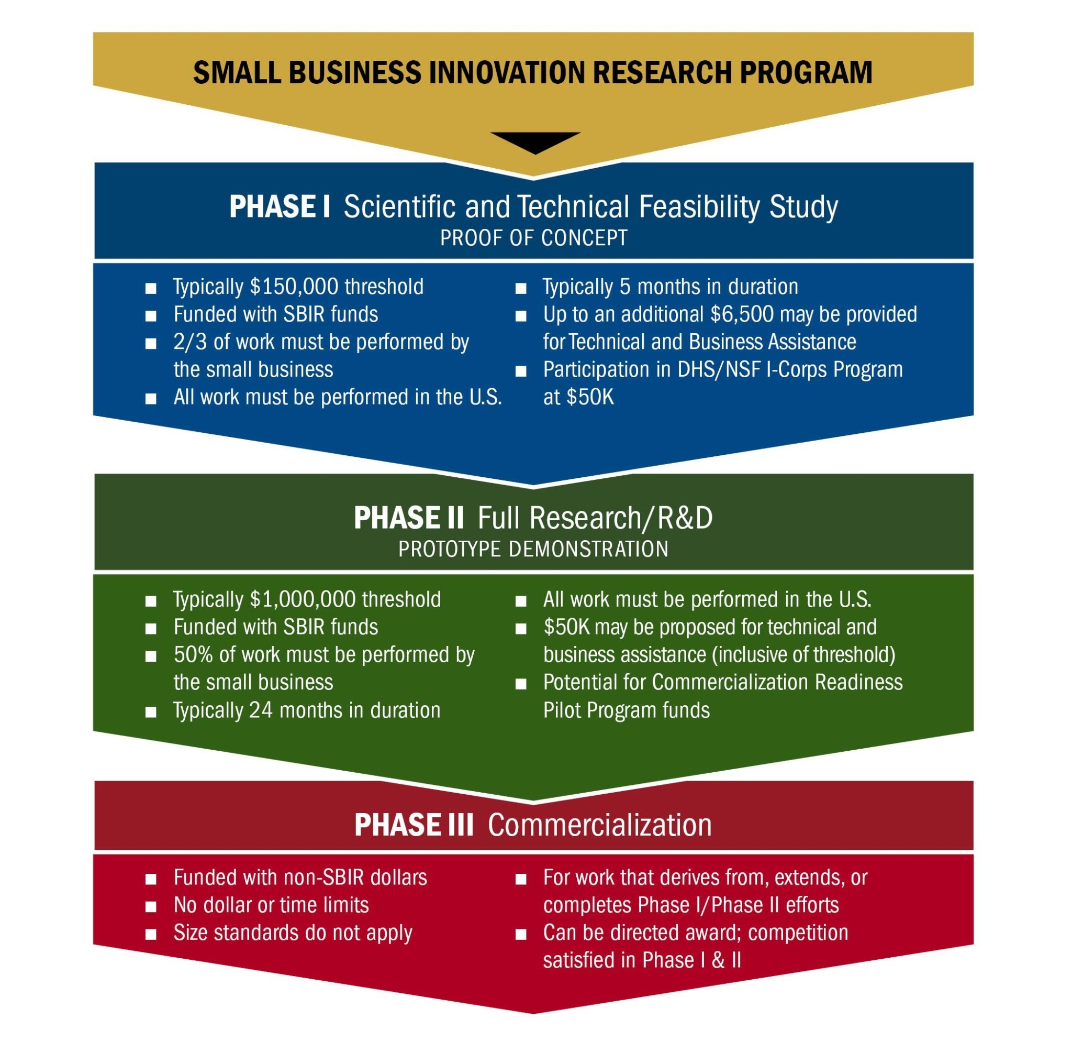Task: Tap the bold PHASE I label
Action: pos(280,207)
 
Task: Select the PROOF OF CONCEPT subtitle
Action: pos(534,238)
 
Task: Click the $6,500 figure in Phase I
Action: pos(742,315)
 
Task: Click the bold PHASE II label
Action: pos(409,518)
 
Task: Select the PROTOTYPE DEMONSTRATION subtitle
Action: pos(533,549)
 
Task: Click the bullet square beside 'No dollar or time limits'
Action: pos(151,907)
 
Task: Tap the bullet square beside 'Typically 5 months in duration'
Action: pos(521,289)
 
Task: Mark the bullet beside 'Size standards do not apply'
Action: pos(151,934)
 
